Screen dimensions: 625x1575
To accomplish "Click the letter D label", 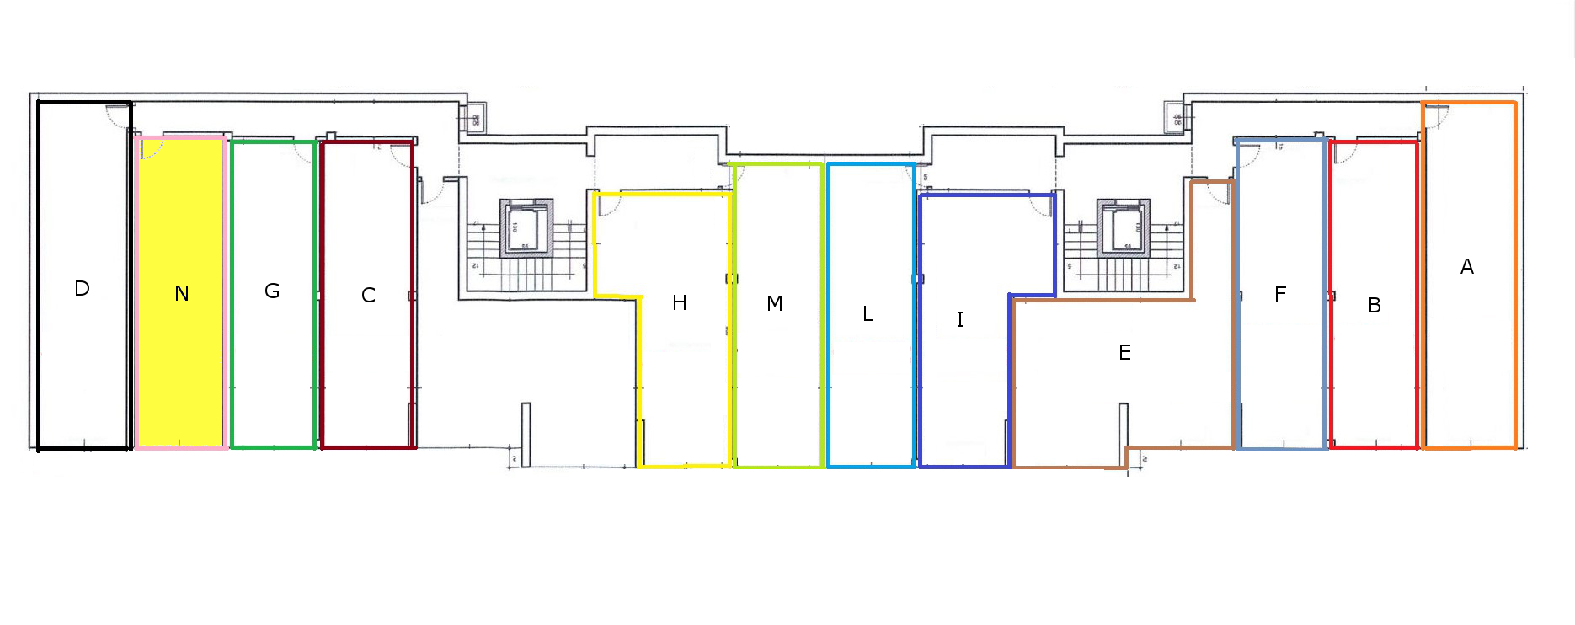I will click(82, 289).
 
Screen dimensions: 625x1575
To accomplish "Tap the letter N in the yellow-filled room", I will click(182, 293).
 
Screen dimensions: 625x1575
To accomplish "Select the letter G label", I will click(272, 291).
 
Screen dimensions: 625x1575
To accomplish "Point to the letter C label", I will click(368, 296).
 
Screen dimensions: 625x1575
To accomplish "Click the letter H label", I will click(680, 303).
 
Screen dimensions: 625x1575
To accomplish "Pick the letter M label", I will click(775, 303).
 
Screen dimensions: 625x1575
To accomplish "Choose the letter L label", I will click(868, 314).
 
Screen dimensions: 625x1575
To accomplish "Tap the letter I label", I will click(960, 319).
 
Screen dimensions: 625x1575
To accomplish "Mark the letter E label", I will click(1124, 353).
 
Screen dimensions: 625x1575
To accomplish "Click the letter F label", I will click(1280, 295).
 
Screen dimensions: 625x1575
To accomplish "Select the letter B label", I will click(1375, 306).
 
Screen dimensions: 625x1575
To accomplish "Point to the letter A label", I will click(1467, 267).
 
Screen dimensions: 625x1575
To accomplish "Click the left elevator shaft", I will click(526, 228).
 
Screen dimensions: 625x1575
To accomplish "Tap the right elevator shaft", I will click(1124, 228).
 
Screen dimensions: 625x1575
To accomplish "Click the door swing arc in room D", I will click(116, 116).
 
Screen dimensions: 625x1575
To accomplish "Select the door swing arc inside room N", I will click(152, 149).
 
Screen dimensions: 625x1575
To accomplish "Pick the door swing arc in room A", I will click(1436, 116).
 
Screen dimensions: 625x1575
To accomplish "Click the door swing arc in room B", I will click(1344, 152).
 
